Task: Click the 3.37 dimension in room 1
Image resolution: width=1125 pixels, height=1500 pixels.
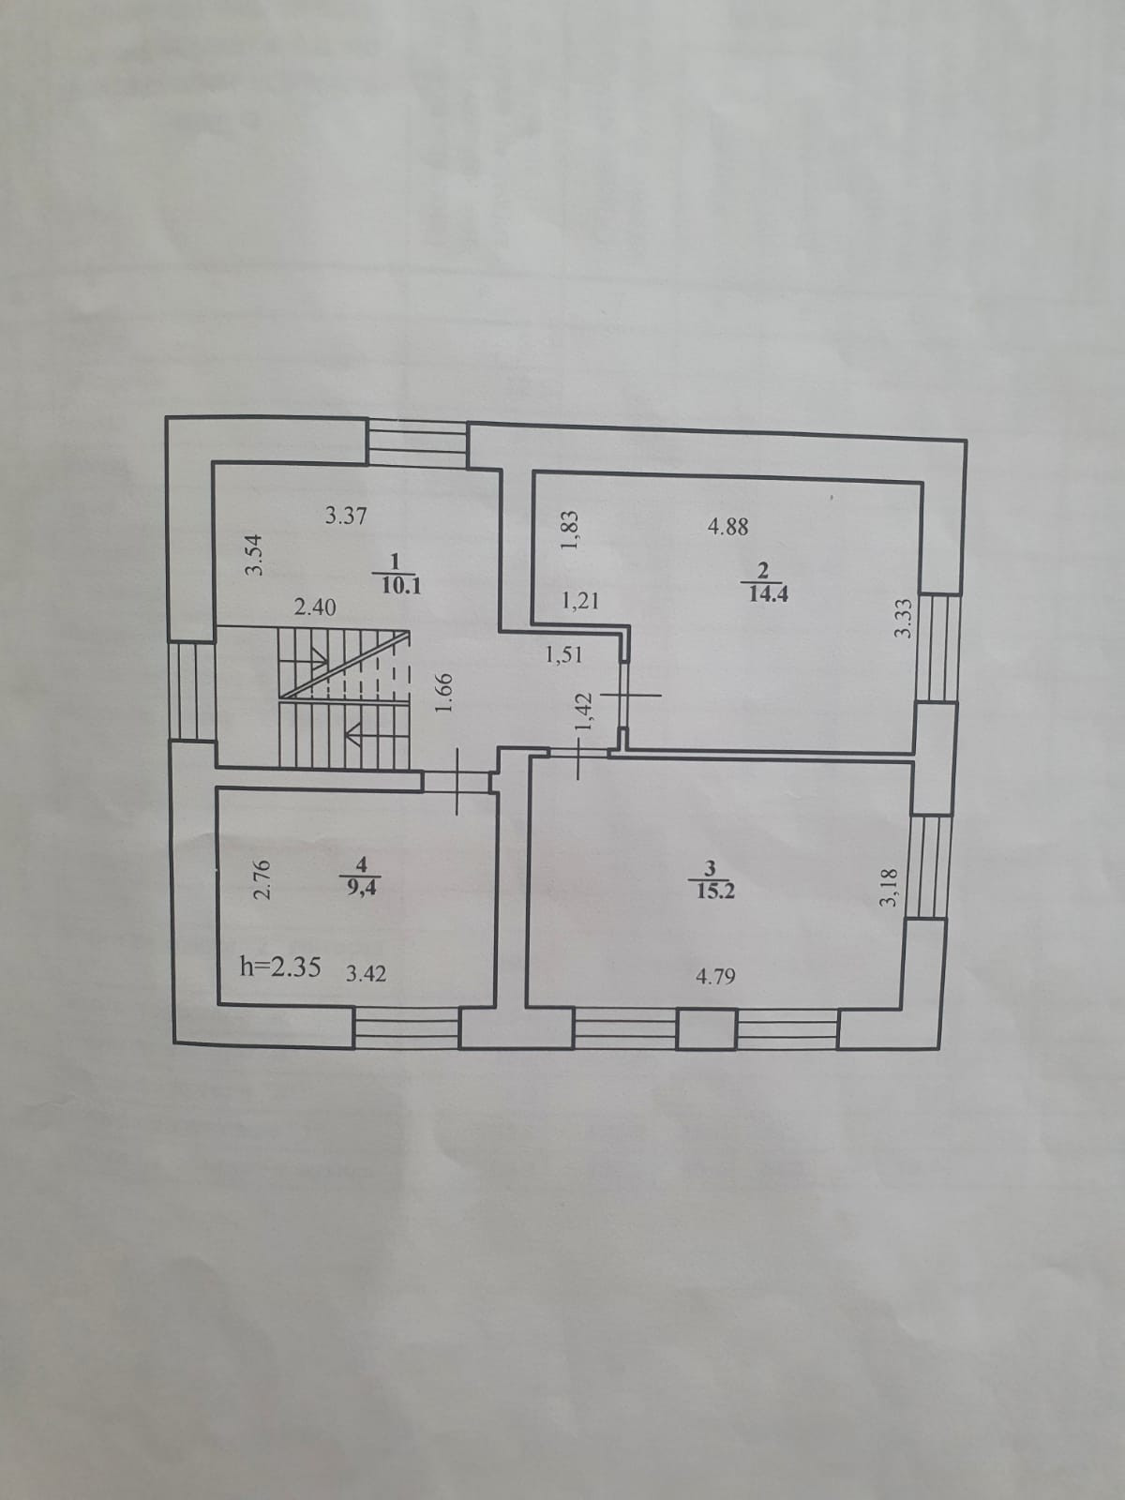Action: click(345, 516)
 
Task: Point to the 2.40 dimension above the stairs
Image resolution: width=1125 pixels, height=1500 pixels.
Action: click(315, 607)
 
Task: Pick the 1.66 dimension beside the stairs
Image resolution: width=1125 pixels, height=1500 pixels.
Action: click(445, 694)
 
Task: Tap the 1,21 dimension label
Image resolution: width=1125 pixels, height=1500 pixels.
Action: click(579, 601)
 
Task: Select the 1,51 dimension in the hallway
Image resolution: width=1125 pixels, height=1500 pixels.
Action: click(563, 655)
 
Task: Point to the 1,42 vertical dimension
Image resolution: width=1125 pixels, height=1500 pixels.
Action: click(584, 712)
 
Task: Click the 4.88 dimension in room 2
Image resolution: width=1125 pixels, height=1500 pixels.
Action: click(728, 527)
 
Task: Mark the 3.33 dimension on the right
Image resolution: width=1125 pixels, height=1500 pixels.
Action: click(903, 618)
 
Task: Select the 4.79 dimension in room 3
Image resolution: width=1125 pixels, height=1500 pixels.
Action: click(715, 977)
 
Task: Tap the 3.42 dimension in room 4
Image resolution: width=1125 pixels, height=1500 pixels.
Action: click(367, 973)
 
